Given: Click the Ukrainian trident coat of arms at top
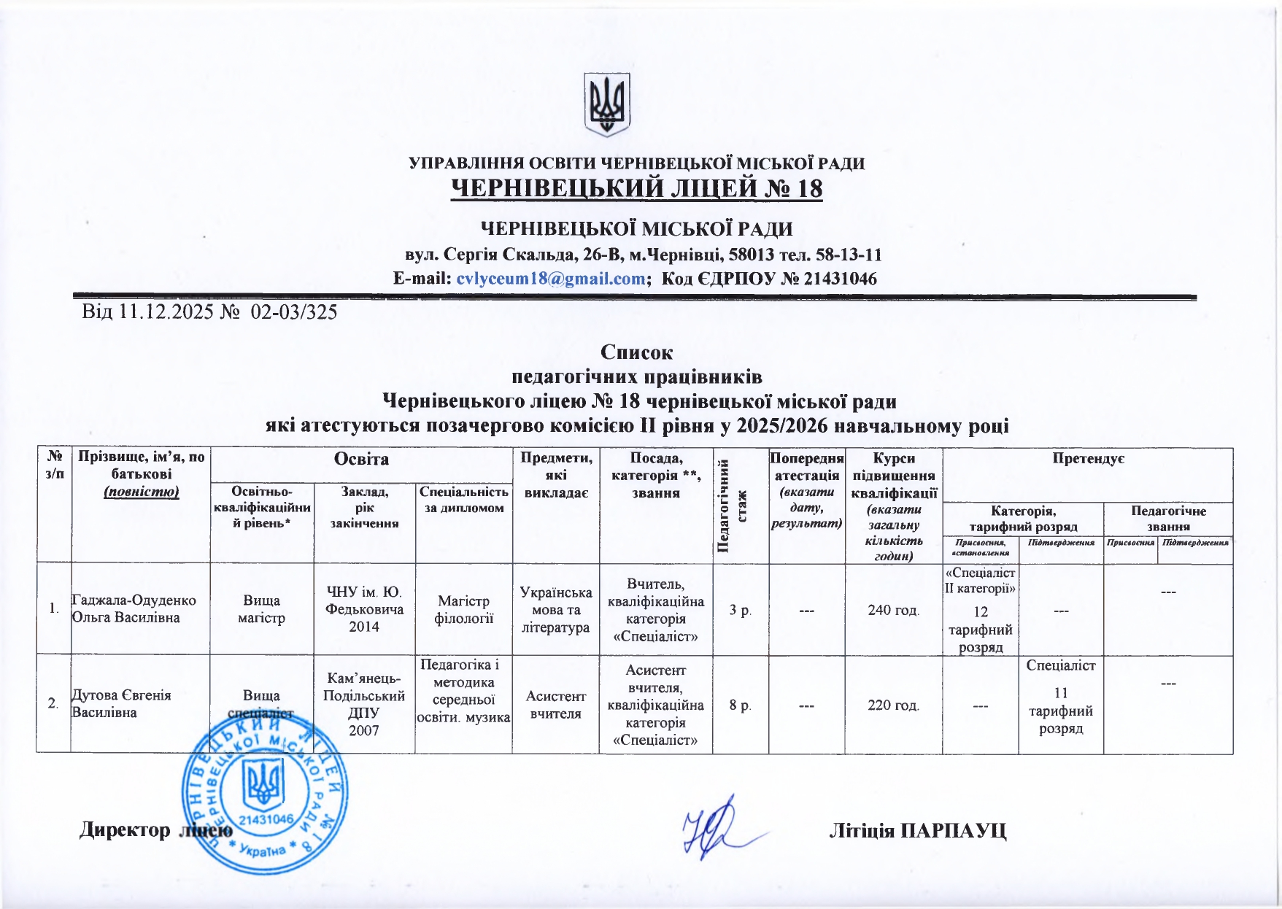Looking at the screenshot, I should click(607, 104).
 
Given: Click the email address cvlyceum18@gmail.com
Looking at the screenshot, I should click(550, 279).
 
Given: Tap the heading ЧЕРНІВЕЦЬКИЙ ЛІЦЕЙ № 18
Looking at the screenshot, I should click(637, 189).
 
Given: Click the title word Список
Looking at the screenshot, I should click(636, 352).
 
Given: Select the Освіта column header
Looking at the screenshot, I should click(361, 459).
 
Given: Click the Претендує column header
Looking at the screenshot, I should click(1087, 459).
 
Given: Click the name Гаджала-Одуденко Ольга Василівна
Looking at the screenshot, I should click(134, 608).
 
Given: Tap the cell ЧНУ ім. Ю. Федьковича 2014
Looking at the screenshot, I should click(364, 608).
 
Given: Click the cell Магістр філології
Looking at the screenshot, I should click(464, 609).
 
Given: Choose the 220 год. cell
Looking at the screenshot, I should click(893, 705).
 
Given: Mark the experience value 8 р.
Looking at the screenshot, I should click(740, 705).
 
